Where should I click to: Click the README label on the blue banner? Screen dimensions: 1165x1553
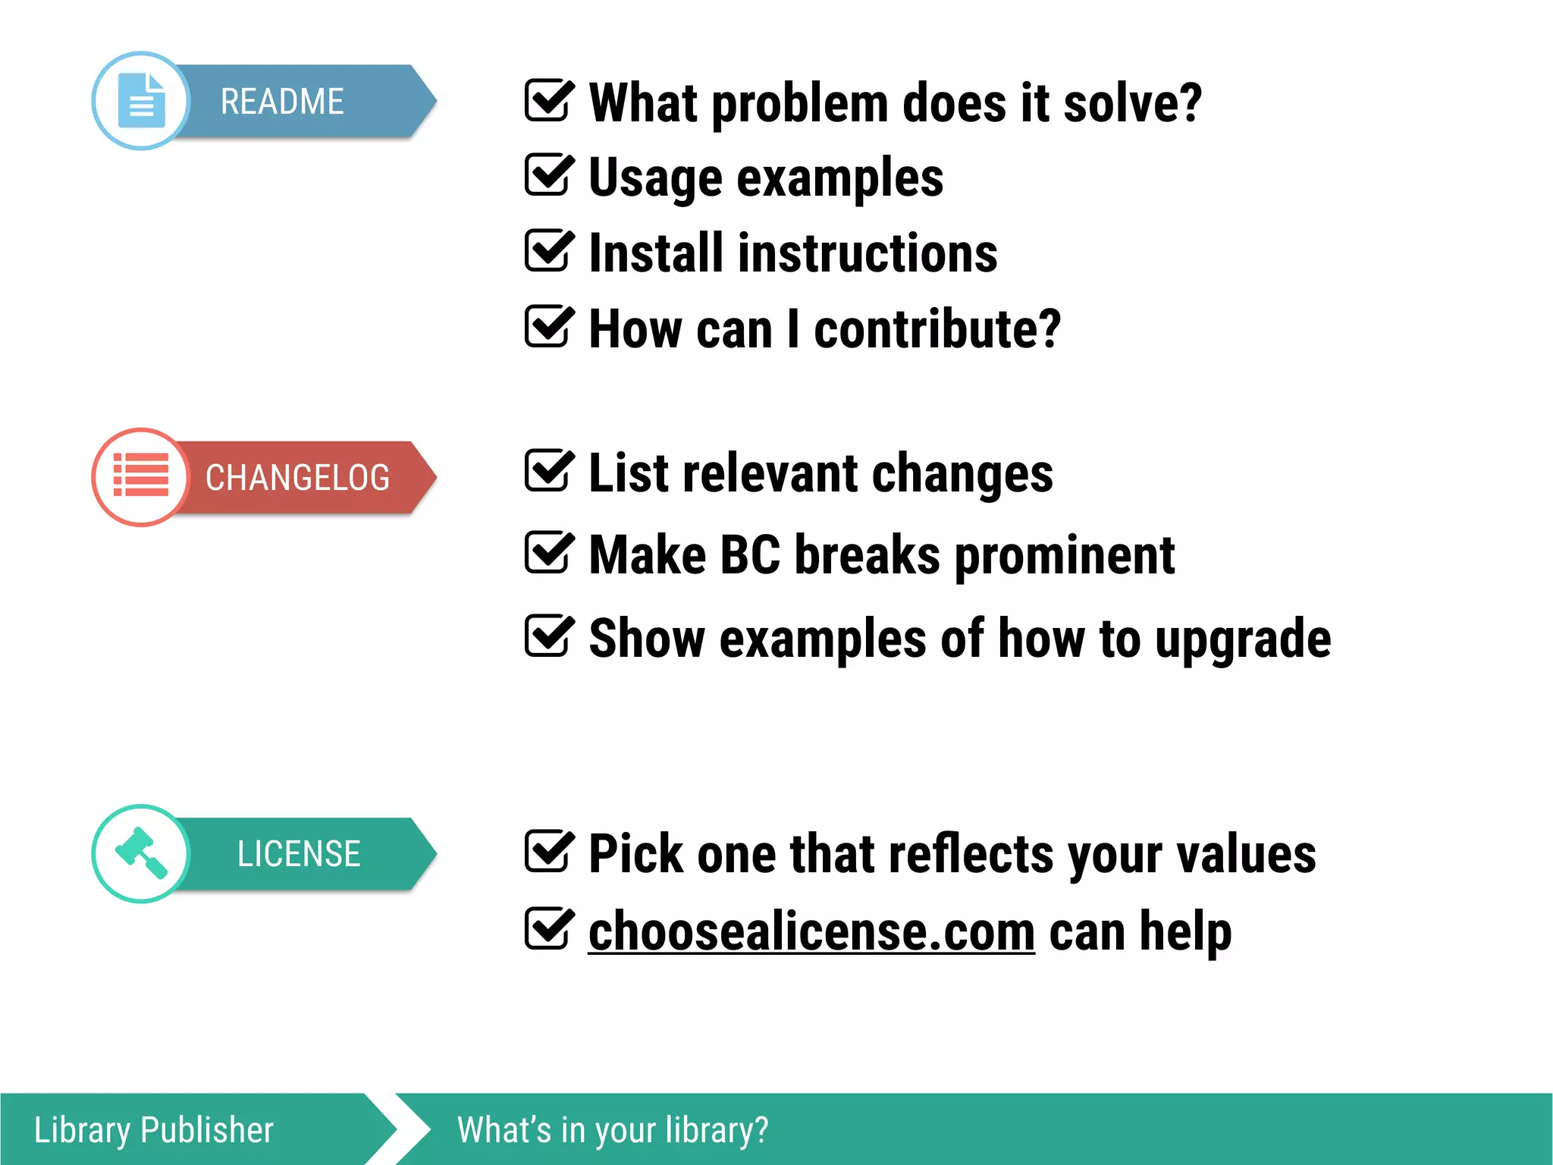(282, 102)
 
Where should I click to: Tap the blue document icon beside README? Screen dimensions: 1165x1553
(141, 101)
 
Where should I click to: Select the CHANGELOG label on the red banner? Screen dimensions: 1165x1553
(297, 478)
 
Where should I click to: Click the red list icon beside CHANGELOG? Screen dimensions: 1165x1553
(141, 476)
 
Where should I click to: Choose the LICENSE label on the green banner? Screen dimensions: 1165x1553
(299, 854)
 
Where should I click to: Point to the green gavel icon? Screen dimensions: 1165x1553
(141, 853)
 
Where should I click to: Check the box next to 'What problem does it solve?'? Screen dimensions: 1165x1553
(547, 101)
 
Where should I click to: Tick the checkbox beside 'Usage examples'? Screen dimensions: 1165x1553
(547, 175)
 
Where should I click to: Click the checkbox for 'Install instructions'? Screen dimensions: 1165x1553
(547, 251)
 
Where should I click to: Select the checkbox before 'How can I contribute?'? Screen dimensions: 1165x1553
(547, 327)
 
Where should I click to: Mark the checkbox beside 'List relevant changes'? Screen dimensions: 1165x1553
(547, 471)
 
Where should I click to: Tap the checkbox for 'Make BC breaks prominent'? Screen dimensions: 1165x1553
(547, 553)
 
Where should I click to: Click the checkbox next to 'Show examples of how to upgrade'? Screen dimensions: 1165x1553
(547, 636)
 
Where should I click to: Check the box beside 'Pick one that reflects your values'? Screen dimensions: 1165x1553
(547, 852)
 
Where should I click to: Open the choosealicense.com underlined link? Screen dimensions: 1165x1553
(811, 931)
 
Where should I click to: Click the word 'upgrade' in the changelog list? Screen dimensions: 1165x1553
(1243, 639)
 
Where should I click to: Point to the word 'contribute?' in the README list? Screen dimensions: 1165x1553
(937, 330)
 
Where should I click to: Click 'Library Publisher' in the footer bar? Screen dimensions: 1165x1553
(154, 1130)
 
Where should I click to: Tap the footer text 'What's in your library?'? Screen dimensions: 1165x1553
(613, 1130)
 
